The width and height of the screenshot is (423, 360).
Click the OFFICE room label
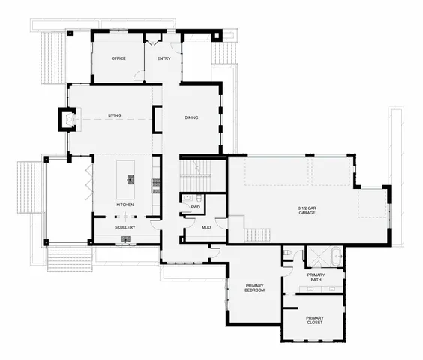pyautogui.click(x=118, y=58)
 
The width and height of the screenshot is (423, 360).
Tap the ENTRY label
pyautogui.click(x=163, y=58)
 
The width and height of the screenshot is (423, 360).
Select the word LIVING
pyautogui.click(x=115, y=116)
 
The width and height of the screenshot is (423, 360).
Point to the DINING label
pyautogui.click(x=191, y=117)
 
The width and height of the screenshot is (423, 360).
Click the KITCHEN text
pyautogui.click(x=124, y=205)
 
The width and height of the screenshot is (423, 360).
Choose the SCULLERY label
pyautogui.click(x=124, y=226)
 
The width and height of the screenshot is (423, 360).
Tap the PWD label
pyautogui.click(x=194, y=207)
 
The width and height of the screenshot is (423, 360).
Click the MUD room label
pyautogui.click(x=195, y=227)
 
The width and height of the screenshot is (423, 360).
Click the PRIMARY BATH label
pyautogui.click(x=316, y=277)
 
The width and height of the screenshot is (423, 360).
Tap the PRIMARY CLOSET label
pyautogui.click(x=315, y=320)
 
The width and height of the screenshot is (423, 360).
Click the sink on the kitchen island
pyautogui.click(x=130, y=179)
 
